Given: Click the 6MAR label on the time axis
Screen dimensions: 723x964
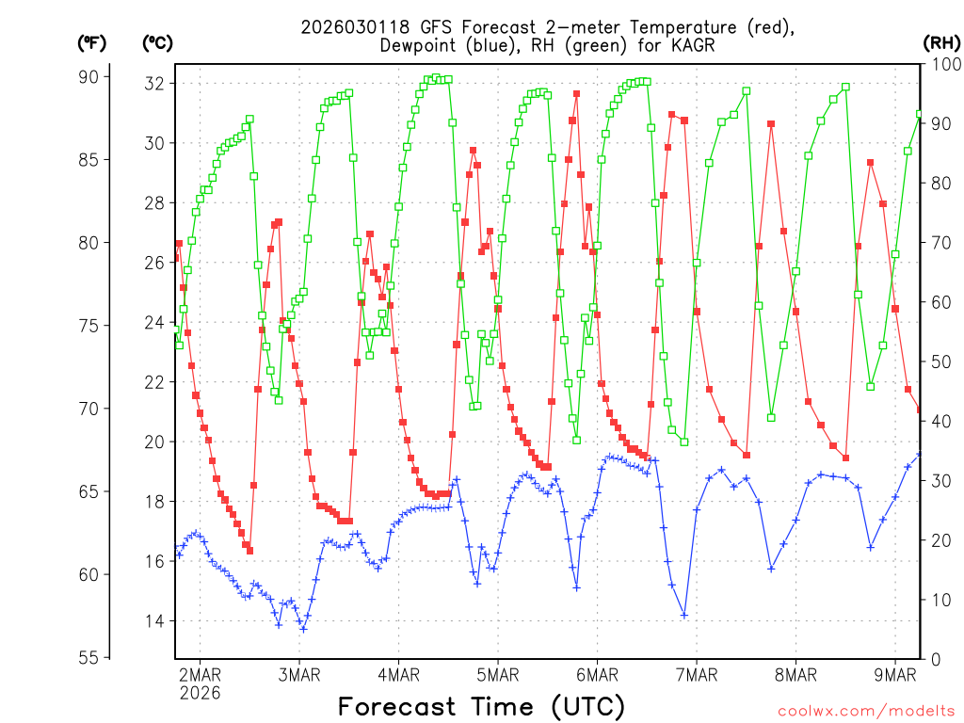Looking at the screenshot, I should click(x=597, y=674).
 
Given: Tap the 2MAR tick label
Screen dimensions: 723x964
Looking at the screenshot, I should click(x=200, y=674).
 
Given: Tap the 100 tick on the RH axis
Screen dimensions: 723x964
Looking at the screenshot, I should click(x=941, y=64).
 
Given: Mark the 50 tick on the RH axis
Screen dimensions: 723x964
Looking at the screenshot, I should click(x=938, y=361).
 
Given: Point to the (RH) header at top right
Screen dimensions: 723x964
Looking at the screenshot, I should click(x=941, y=42).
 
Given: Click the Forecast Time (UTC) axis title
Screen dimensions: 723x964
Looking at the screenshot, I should click(x=481, y=706).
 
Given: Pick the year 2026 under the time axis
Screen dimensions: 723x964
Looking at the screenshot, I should click(x=200, y=693).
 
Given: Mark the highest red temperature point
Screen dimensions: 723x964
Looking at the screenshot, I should click(x=576, y=94).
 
